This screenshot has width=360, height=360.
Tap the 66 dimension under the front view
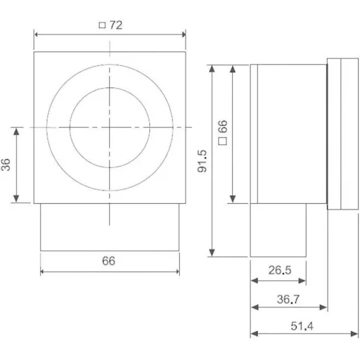pyautogui.click(x=108, y=261)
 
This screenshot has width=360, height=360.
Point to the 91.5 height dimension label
pyautogui.click(x=202, y=160)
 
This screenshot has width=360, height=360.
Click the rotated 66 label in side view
pyautogui.click(x=221, y=127)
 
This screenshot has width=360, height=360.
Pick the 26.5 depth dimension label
pyautogui.click(x=278, y=269)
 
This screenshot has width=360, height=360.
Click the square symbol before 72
pyautogui.click(x=102, y=25)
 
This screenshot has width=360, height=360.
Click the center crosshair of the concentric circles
pyautogui.click(x=109, y=127)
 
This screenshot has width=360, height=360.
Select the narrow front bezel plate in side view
pyautogui.click(x=343, y=134)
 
